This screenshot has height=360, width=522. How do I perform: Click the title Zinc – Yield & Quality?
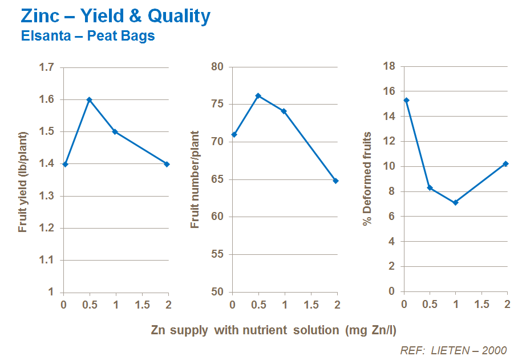[115, 16]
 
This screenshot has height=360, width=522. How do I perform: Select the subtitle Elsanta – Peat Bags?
[88, 36]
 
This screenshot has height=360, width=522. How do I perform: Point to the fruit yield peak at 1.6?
[89, 99]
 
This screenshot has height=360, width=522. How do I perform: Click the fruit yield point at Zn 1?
[115, 131]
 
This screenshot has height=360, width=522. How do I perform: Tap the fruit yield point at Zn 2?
[167, 164]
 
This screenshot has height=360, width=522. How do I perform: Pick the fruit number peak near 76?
[258, 95]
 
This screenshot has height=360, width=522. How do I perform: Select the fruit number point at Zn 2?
[336, 181]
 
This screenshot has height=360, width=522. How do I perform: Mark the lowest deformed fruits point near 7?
[455, 202]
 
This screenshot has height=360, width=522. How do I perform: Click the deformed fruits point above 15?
[406, 100]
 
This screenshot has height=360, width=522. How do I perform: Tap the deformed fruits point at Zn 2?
[505, 163]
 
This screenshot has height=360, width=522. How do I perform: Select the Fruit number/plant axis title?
[195, 179]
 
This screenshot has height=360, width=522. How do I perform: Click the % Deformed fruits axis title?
[367, 178]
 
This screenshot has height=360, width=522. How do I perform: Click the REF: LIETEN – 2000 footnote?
[454, 350]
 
